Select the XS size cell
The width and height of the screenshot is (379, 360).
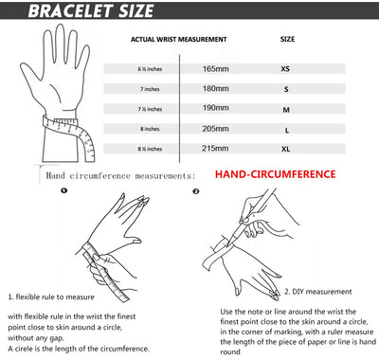(286, 69)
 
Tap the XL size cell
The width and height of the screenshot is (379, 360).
(286, 149)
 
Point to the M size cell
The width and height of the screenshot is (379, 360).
(286, 109)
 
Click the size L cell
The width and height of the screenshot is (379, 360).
(286, 129)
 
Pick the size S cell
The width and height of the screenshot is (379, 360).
(286, 89)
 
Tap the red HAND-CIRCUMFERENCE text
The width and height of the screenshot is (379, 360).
(275, 175)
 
